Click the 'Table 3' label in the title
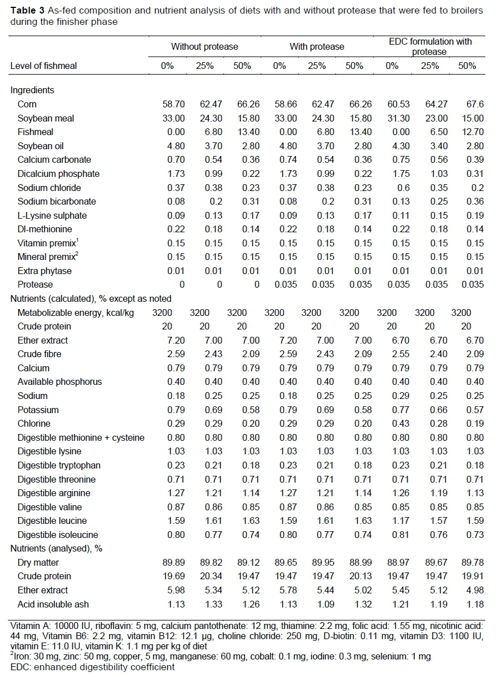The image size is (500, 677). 25,11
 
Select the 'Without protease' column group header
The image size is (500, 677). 205,46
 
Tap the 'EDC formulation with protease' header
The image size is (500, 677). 430,46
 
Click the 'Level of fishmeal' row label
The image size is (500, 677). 44,66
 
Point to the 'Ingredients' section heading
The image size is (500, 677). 32,90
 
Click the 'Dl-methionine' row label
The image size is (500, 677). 45,229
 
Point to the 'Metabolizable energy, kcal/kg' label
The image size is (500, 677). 76,313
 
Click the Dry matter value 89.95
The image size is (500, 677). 317,562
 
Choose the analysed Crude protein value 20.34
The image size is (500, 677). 205,576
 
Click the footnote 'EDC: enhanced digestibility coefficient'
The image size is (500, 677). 93,667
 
